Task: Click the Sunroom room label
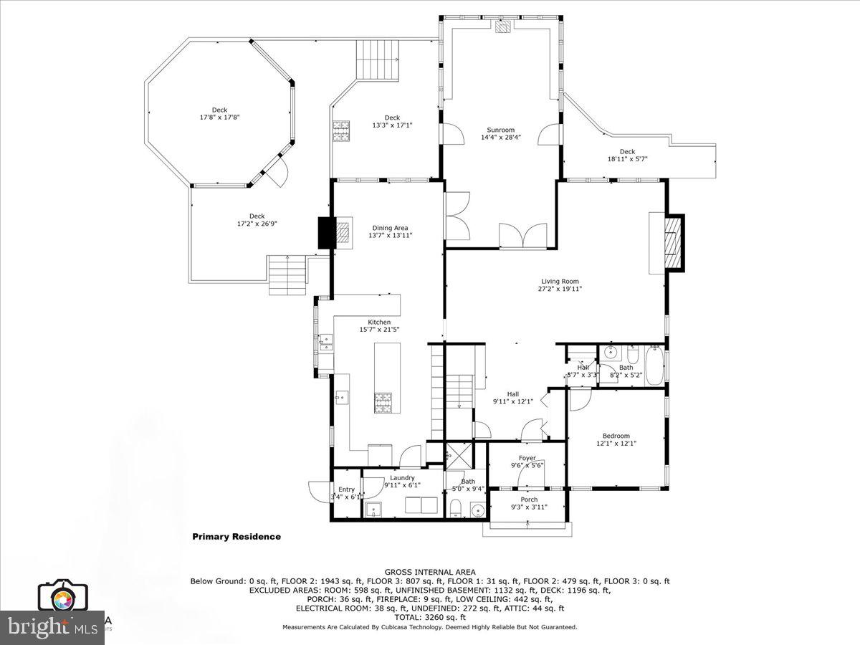(501, 130)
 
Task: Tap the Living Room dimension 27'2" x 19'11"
(560, 289)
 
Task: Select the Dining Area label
(390, 228)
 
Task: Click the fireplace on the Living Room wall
(672, 242)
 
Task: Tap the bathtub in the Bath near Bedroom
(654, 366)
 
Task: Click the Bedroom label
(616, 436)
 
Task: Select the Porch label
(529, 500)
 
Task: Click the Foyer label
(527, 459)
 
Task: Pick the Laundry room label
(402, 477)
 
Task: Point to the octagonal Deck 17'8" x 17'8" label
(219, 110)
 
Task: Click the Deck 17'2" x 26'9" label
(257, 216)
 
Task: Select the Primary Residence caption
(236, 537)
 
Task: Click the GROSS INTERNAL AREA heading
(429, 572)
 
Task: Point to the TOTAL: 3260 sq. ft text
(429, 617)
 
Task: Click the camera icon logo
(62, 596)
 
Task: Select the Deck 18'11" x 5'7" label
(627, 151)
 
